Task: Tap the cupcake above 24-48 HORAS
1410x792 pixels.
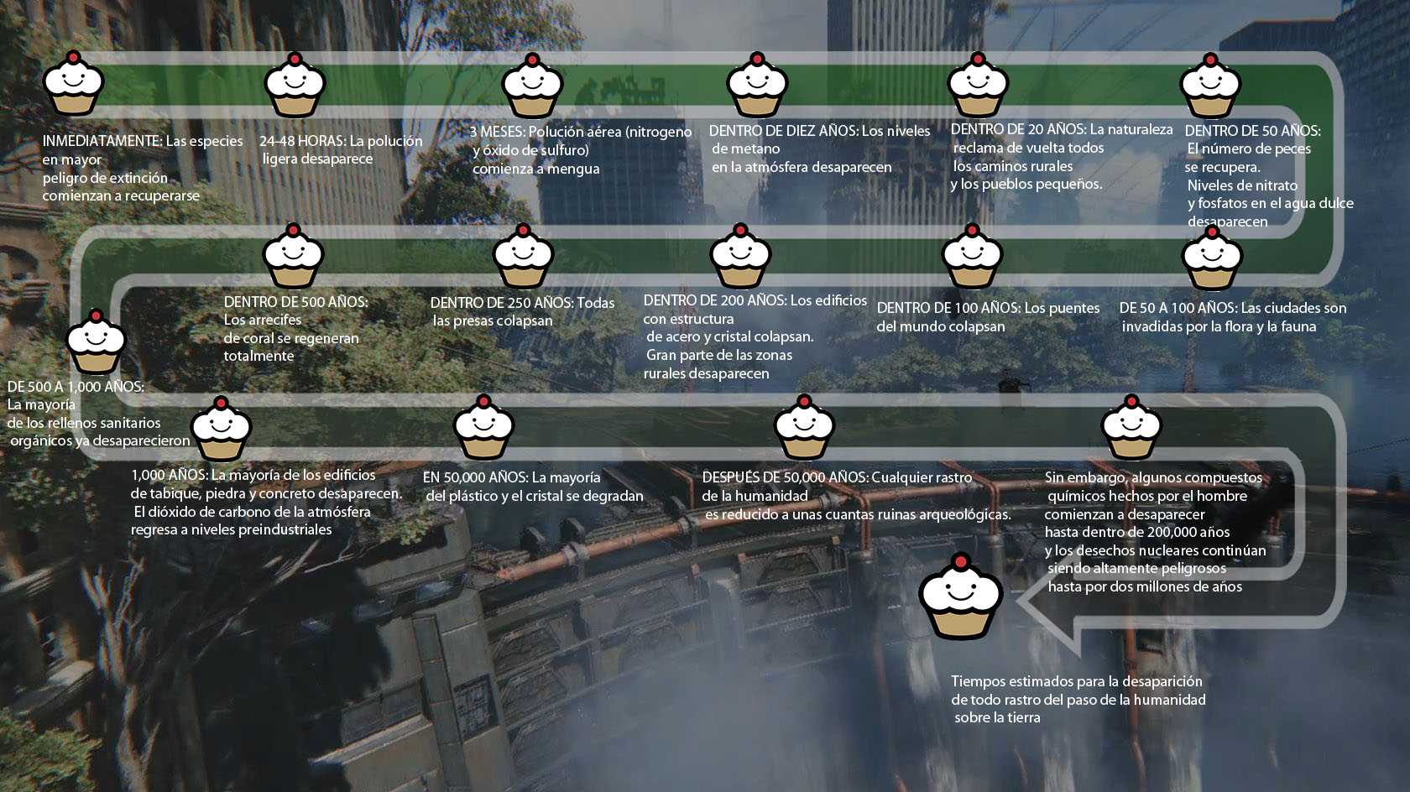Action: [295, 85]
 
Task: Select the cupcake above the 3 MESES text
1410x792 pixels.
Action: [532, 86]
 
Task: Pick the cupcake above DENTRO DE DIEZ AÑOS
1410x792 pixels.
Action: [757, 85]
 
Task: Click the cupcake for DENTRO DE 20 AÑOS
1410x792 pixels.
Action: [977, 85]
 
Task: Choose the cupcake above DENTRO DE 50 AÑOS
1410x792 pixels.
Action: [1209, 86]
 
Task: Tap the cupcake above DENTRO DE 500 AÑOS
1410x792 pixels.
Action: [293, 256]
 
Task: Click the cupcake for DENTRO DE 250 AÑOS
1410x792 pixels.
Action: [523, 256]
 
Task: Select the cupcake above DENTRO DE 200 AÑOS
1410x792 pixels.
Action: [740, 256]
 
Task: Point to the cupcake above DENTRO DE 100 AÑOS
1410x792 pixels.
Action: [972, 256]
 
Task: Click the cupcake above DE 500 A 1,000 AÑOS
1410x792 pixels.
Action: [96, 341]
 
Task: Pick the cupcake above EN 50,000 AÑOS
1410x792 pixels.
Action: [483, 427]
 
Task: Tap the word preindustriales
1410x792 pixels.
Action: [285, 529]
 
